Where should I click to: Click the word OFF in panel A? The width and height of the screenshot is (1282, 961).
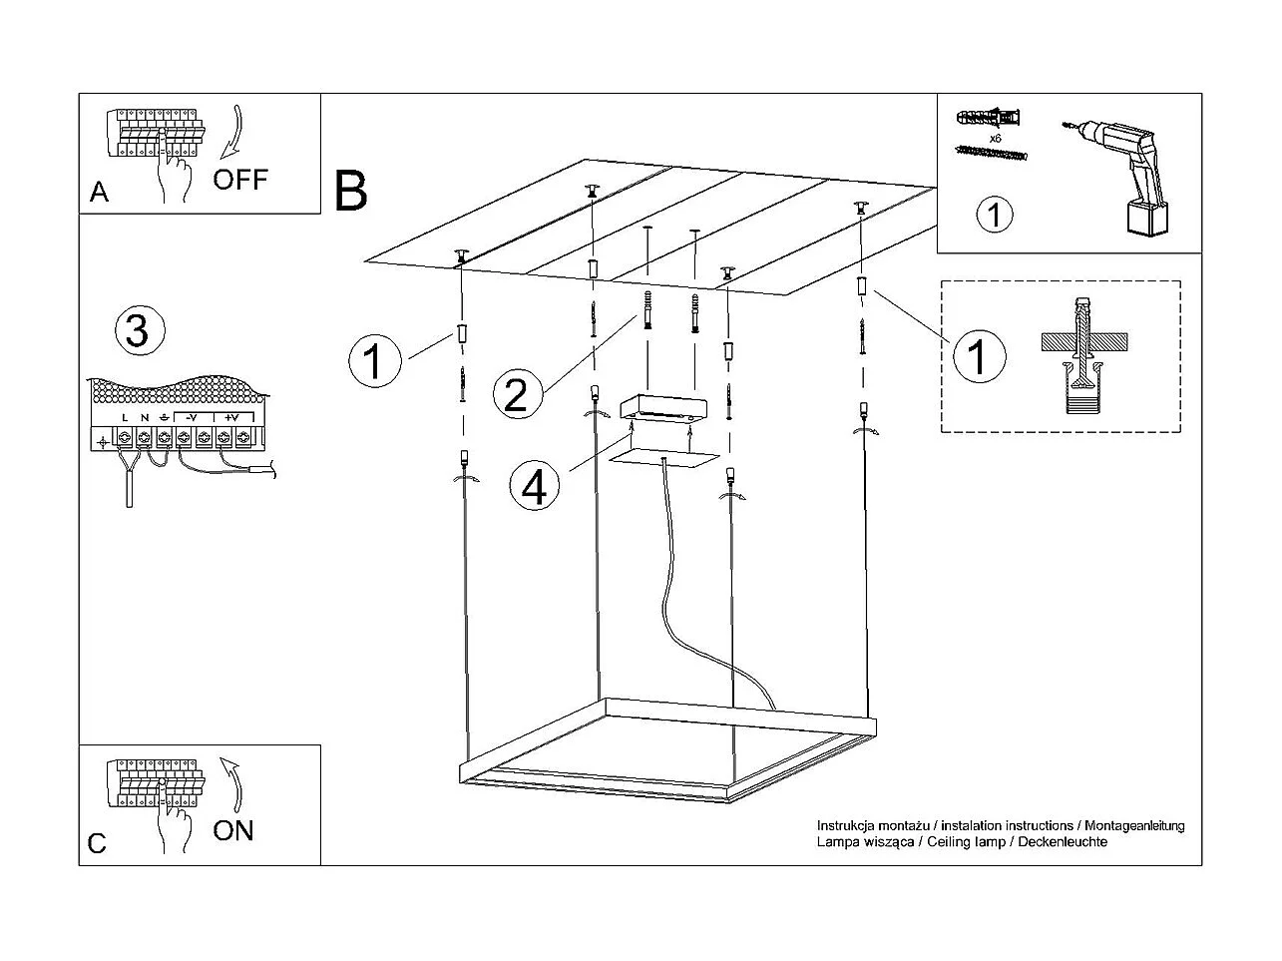click(240, 180)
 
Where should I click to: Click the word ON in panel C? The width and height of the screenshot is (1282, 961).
click(233, 830)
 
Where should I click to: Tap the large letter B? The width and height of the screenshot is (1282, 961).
click(351, 191)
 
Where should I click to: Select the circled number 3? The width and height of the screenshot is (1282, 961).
click(137, 330)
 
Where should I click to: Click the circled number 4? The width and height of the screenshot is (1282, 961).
click(535, 488)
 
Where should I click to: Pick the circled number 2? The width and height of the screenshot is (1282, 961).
click(518, 394)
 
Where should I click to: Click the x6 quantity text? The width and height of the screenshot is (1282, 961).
click(995, 138)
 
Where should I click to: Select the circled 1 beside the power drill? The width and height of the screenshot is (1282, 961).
click(994, 215)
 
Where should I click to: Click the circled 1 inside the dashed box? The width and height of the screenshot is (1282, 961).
click(978, 357)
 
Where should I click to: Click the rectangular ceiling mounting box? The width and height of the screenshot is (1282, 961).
click(663, 408)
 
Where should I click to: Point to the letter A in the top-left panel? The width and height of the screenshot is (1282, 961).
click(99, 193)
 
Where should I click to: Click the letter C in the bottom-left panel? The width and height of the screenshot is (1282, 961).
click(97, 844)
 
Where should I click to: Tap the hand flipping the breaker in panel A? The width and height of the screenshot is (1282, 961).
click(175, 172)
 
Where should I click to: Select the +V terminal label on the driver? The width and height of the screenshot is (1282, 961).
click(231, 417)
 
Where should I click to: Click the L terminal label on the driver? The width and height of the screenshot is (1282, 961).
click(125, 417)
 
